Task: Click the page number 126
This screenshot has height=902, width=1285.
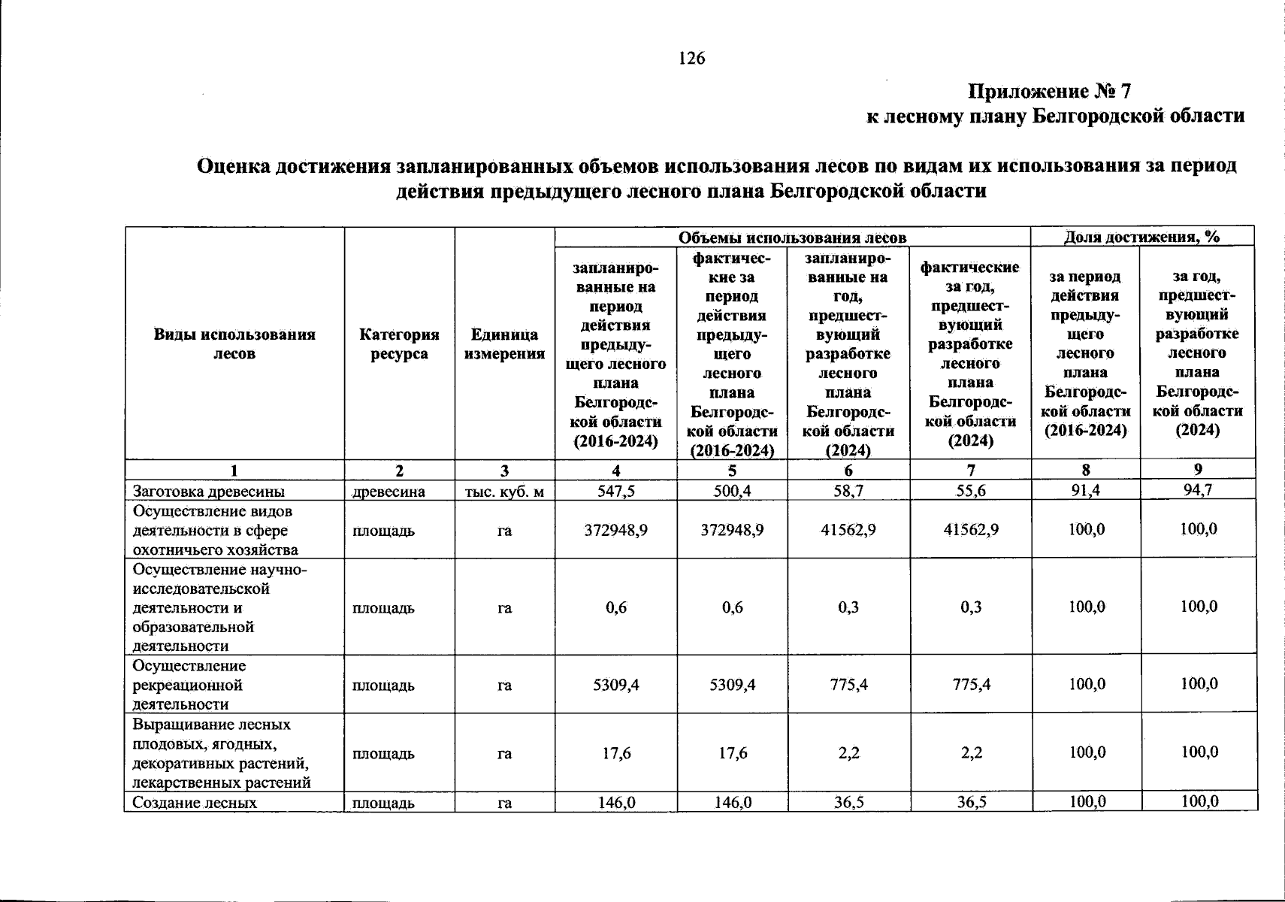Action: tap(691, 58)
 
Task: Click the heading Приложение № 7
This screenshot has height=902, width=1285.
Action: tap(1048, 92)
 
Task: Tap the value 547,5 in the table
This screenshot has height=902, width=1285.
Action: tap(616, 491)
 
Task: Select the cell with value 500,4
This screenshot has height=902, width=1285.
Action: tap(732, 491)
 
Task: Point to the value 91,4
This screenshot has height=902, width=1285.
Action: tap(1086, 490)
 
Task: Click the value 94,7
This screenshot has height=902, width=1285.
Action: tap(1199, 490)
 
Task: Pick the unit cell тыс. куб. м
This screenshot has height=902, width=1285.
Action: tap(504, 492)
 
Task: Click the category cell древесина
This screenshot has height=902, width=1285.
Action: tap(389, 492)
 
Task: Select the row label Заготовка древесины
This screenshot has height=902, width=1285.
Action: tap(209, 492)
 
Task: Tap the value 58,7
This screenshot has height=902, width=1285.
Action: tap(848, 491)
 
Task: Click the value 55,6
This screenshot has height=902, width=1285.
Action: tap(971, 491)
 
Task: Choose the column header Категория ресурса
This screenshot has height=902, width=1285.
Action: tap(399, 344)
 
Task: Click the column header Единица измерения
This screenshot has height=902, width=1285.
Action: tap(504, 344)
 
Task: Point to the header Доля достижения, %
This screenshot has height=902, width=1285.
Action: tap(1141, 237)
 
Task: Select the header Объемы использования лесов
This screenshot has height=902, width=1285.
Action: tap(792, 238)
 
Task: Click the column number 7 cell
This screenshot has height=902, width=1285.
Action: tap(971, 471)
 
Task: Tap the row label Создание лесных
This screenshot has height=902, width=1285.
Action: tap(195, 803)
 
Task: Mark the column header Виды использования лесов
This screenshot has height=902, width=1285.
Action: tap(234, 344)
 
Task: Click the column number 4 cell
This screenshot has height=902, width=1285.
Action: tap(616, 471)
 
